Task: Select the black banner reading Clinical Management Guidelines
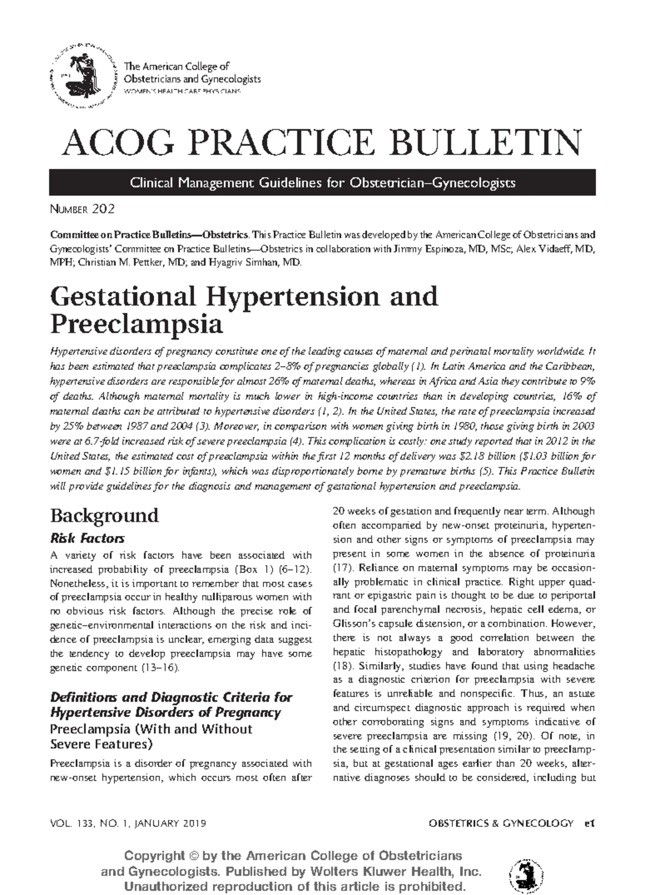pyautogui.click(x=322, y=183)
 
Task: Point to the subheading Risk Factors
pyautogui.click(x=87, y=538)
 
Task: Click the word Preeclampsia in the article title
pyautogui.click(x=136, y=324)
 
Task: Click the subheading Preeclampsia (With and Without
pyautogui.click(x=151, y=729)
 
